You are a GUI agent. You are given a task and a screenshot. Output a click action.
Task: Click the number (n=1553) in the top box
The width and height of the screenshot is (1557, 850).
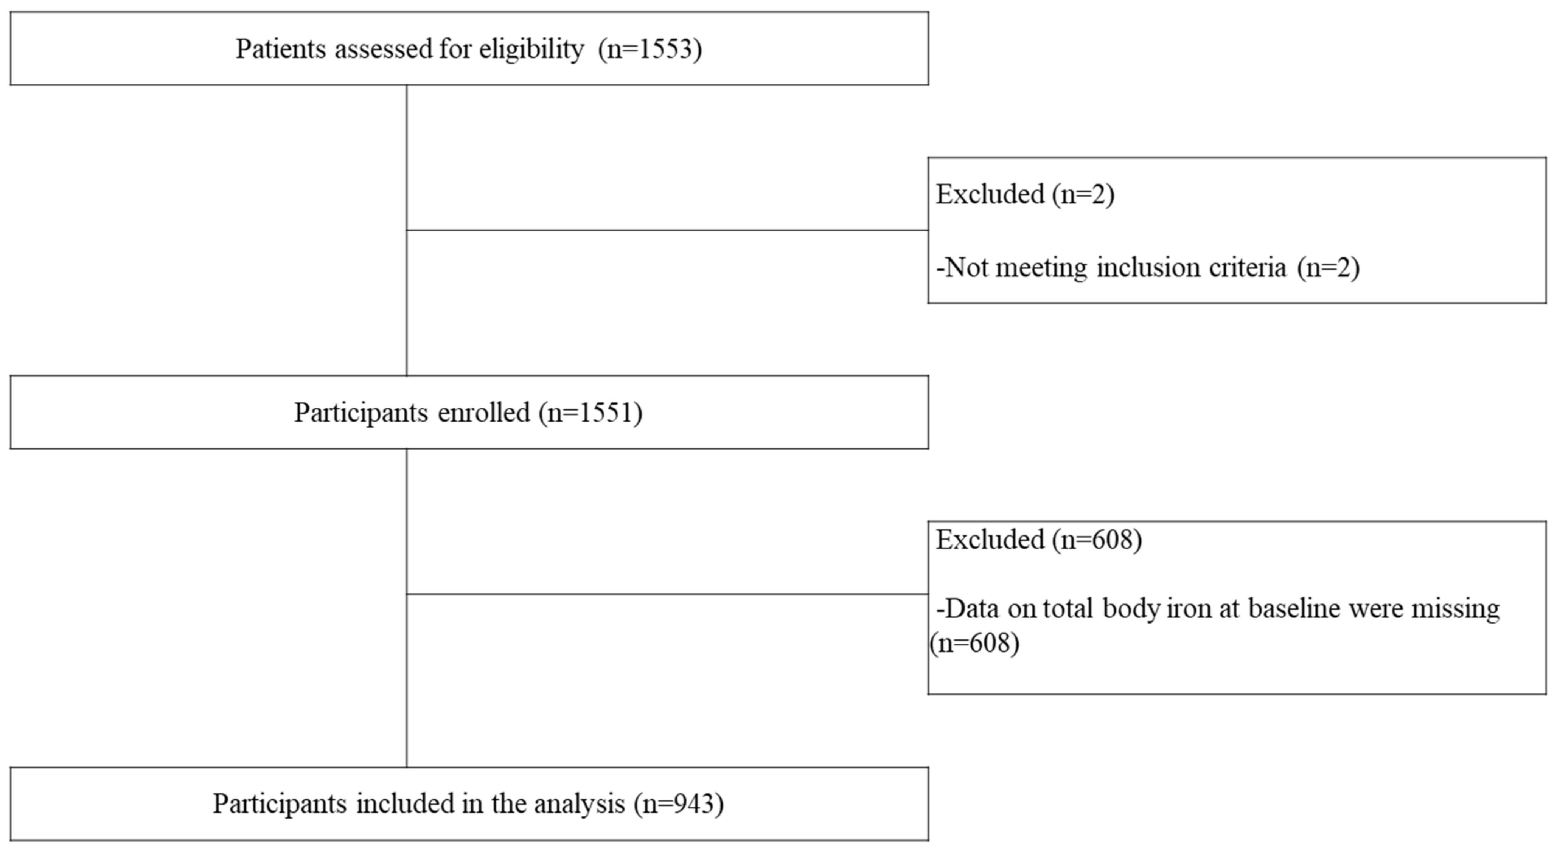click(x=650, y=49)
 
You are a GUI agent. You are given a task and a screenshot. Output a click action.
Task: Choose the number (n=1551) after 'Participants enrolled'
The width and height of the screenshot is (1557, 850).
click(x=590, y=413)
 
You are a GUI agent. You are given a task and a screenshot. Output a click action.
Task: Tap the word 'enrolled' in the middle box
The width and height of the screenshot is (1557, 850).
click(x=483, y=413)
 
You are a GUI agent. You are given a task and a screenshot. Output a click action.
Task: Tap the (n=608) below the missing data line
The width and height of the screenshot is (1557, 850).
click(x=974, y=643)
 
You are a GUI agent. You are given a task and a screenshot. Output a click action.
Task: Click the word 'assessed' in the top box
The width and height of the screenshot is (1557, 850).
click(x=383, y=49)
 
